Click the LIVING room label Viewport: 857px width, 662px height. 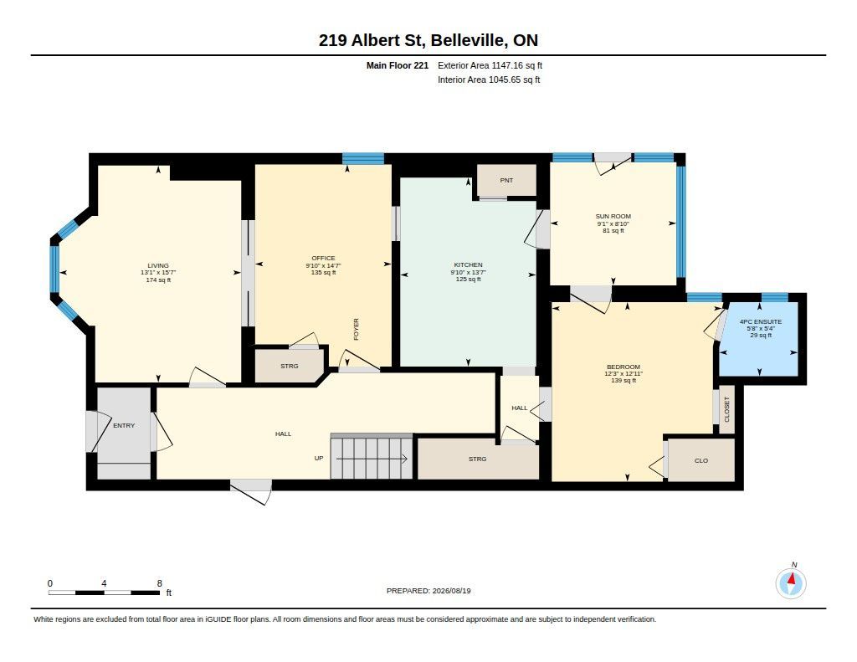click(158, 265)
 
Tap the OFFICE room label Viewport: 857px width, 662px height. click(323, 258)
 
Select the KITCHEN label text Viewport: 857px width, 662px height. click(469, 264)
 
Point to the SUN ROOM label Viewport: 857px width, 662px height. click(613, 217)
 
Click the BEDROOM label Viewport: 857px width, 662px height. click(624, 367)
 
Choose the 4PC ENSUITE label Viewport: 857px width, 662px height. click(761, 322)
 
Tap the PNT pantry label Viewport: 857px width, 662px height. click(506, 181)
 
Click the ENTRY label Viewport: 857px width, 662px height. click(124, 425)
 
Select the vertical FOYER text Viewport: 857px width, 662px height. click(357, 329)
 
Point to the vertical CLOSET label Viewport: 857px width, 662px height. click(727, 409)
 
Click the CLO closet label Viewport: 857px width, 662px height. click(701, 461)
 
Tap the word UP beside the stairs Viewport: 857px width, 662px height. click(319, 458)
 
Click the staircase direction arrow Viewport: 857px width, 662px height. click(372, 459)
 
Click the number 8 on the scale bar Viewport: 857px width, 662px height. click(160, 583)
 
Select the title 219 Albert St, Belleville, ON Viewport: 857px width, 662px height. click(428, 40)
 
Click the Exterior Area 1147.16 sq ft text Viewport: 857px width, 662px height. click(490, 65)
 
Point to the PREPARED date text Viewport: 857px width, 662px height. click(428, 590)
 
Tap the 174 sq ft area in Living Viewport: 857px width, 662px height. click(158, 280)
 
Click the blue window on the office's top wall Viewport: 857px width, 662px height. click(363, 158)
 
